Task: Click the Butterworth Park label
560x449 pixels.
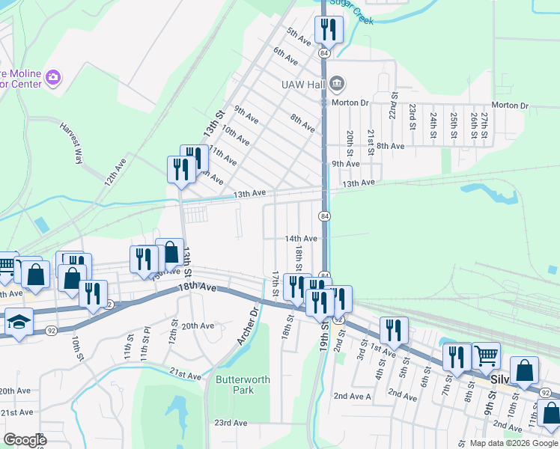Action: click(x=243, y=385)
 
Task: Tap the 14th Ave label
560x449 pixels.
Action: click(x=301, y=239)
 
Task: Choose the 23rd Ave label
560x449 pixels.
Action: click(x=231, y=423)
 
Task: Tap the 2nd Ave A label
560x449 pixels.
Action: click(x=352, y=396)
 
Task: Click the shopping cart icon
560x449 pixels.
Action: click(x=487, y=355)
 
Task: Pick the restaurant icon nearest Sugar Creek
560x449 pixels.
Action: click(x=328, y=28)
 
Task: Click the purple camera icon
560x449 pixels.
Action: click(x=52, y=77)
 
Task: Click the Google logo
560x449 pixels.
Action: click(x=24, y=440)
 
